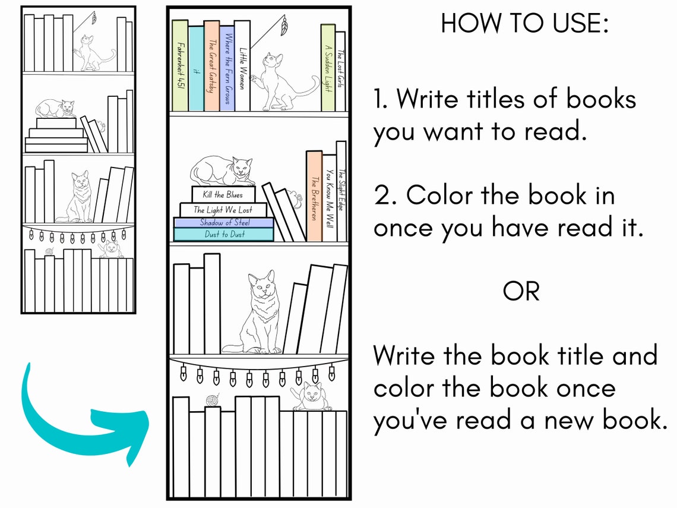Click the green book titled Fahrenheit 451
180,65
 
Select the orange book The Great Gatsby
211,65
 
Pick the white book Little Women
242,65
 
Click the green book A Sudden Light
328,67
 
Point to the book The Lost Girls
340,70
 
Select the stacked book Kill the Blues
223,194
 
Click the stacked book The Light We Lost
223,210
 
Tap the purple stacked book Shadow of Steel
224,223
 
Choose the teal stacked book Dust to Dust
224,235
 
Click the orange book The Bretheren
314,196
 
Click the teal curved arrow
77,416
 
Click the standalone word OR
521,291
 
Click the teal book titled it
196,68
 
